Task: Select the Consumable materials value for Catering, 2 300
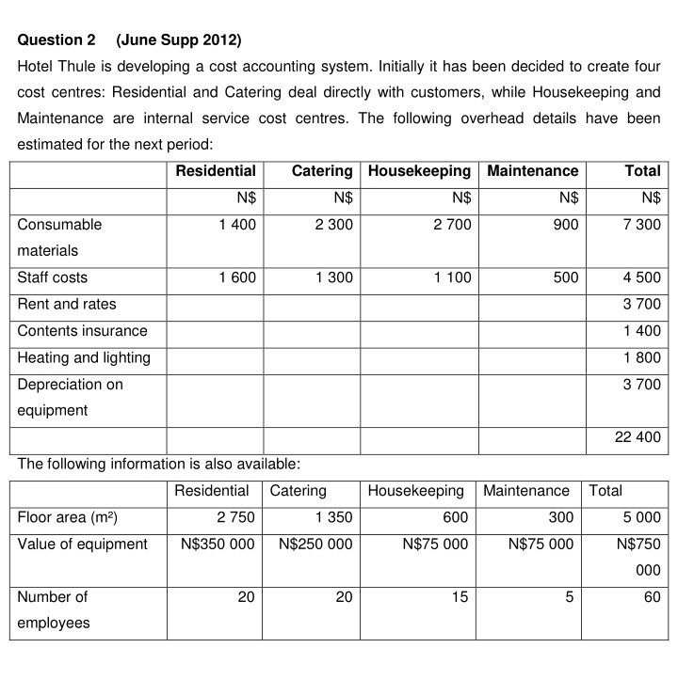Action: (334, 225)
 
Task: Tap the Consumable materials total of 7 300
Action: (641, 225)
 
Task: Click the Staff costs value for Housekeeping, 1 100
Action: (453, 277)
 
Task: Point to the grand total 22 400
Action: (638, 437)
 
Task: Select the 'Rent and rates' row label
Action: (67, 305)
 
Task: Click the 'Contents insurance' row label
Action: (83, 331)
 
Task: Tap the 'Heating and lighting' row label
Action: (84, 358)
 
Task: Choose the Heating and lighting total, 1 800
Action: (641, 358)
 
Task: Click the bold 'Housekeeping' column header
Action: (419, 171)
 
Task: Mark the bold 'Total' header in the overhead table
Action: (642, 171)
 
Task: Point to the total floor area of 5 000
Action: (641, 517)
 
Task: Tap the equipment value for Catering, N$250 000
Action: (316, 544)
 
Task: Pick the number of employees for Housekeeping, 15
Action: (460, 597)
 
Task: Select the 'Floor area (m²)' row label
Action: (68, 517)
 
